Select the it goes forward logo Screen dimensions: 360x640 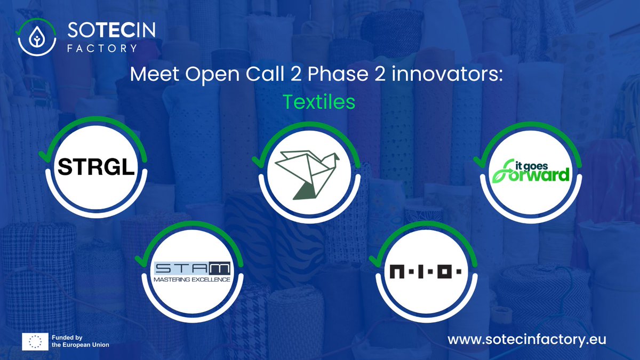pos(530,170)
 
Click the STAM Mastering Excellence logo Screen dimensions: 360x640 pos(192,271)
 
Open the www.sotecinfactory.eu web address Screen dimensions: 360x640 pos(527,339)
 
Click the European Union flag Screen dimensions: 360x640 pos(36,341)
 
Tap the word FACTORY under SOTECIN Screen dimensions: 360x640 pos(102,47)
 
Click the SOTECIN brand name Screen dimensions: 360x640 pos(111,30)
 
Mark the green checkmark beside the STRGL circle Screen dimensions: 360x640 pos(43,156)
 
